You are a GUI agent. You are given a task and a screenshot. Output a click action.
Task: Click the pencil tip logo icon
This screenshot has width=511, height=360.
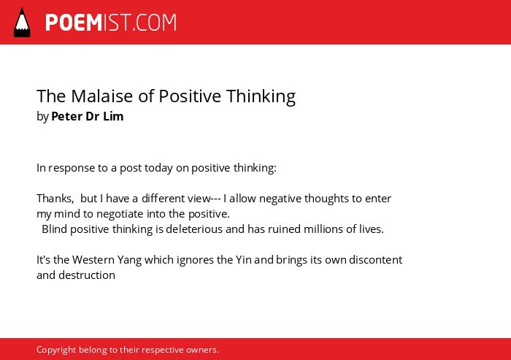click(x=22, y=23)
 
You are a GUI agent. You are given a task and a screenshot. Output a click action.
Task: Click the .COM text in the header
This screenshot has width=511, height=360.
click(x=155, y=23)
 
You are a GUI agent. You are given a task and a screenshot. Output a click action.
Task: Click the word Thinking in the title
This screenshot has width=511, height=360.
click(x=261, y=97)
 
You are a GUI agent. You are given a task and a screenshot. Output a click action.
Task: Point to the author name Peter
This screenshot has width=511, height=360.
click(x=67, y=116)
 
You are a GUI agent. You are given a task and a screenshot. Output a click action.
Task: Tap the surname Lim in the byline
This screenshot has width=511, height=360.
click(x=113, y=116)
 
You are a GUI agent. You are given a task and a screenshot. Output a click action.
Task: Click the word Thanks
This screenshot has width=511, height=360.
click(x=55, y=199)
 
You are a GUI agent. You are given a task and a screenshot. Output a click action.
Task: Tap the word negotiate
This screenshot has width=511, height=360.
click(x=120, y=214)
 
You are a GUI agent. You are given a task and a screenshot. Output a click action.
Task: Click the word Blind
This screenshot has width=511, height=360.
click(x=55, y=229)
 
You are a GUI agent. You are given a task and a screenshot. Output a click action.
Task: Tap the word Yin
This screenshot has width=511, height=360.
click(x=243, y=260)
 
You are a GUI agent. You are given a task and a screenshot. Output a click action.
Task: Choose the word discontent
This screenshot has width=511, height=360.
click(x=375, y=260)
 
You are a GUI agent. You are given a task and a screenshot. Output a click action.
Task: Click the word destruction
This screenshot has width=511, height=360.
click(x=87, y=275)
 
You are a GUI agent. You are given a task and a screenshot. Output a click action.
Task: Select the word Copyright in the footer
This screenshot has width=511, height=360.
click(x=56, y=350)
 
